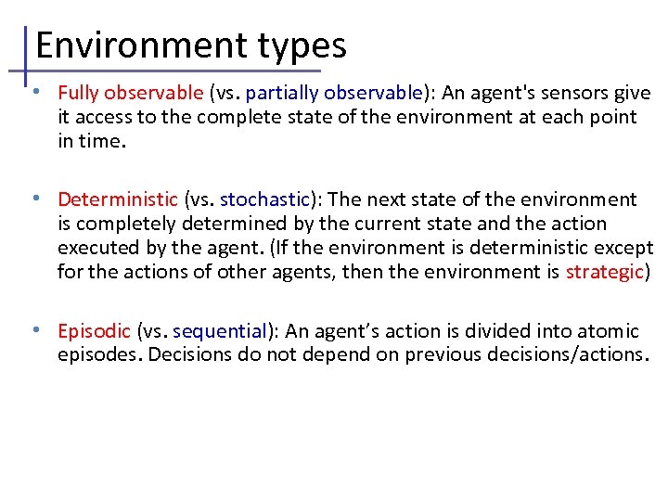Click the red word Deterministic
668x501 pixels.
(x=117, y=199)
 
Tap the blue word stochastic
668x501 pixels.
(x=263, y=199)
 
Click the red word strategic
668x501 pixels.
(x=605, y=272)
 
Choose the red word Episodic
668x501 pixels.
(x=94, y=331)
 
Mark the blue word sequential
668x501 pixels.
(x=219, y=331)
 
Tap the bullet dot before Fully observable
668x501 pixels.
(x=34, y=93)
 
